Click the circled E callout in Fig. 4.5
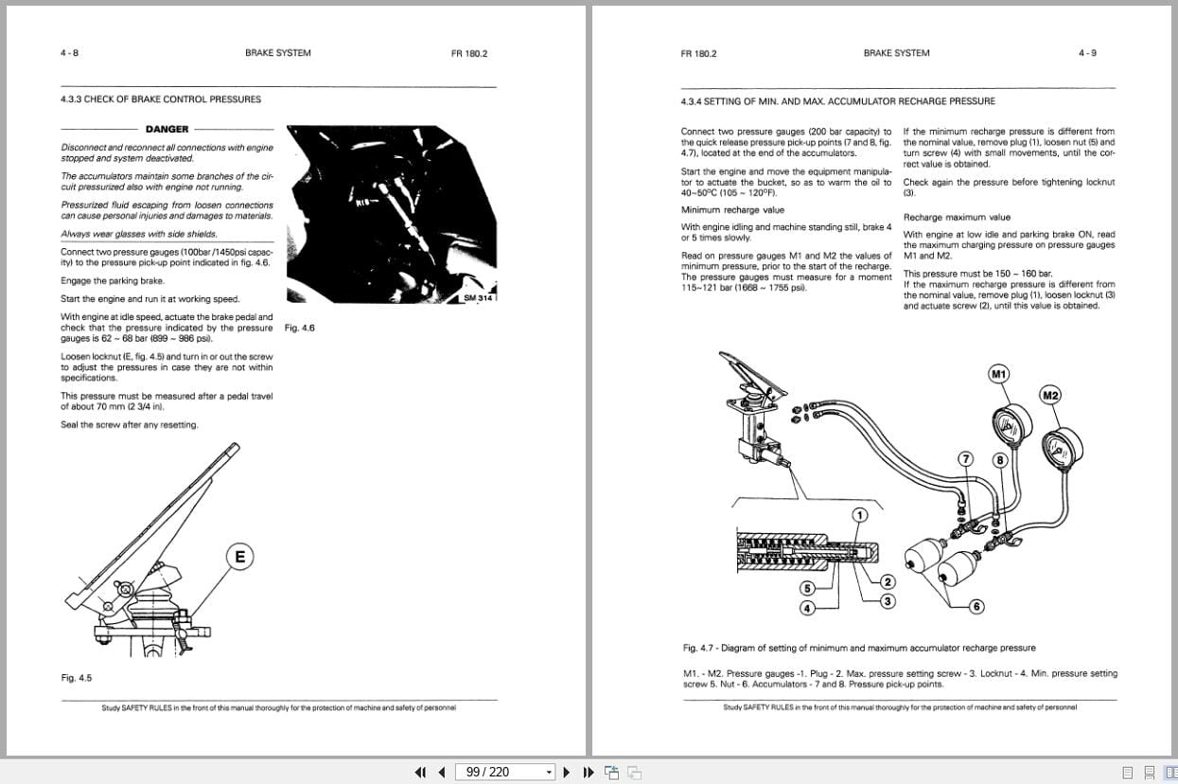239,557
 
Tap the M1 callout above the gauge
998,374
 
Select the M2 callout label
1050,395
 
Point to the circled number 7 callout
965,458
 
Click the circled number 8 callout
999,460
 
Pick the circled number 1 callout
860,515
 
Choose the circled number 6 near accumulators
977,606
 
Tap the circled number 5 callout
808,589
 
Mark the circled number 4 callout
808,608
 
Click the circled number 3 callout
888,600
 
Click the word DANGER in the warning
167,129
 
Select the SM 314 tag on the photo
479,298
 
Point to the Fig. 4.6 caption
299,328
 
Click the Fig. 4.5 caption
77,678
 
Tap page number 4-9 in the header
1087,53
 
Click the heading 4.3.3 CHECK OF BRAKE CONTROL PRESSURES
161,98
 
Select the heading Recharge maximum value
957,217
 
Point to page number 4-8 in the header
69,53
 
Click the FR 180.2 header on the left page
469,53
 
